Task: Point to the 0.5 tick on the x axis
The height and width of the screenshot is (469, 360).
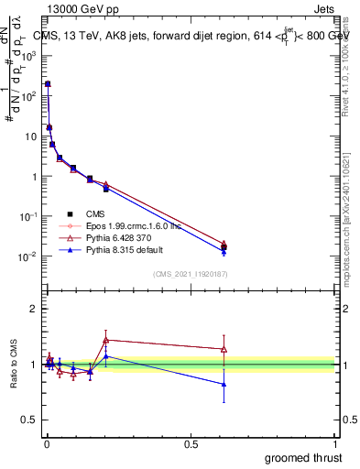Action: [x=191, y=444]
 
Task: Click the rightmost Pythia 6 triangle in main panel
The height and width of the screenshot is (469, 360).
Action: [x=224, y=244]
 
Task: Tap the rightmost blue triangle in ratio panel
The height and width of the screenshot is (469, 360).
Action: [x=224, y=385]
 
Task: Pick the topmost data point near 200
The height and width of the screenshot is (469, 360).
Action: [x=48, y=83]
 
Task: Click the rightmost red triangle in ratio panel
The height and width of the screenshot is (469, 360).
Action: [x=224, y=349]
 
